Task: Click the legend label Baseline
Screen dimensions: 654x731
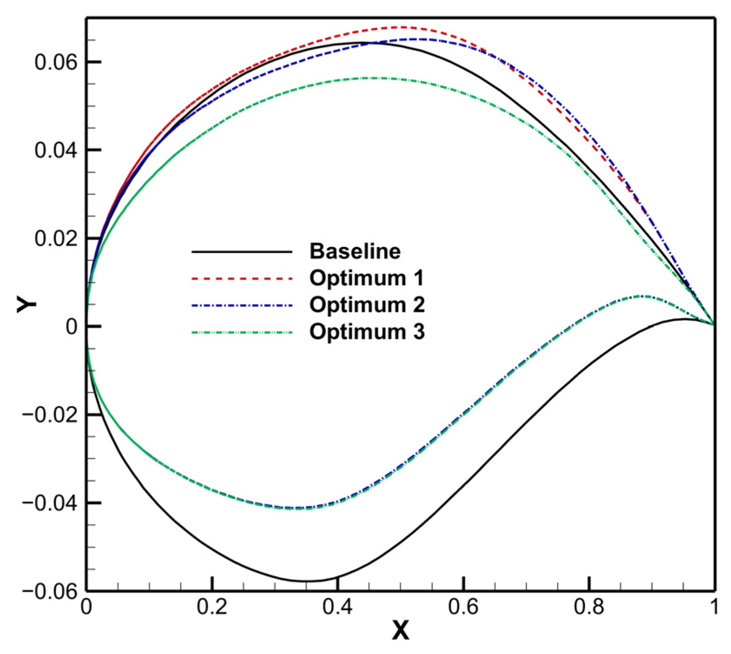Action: [x=355, y=251]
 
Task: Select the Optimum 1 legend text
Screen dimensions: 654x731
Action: [x=366, y=278]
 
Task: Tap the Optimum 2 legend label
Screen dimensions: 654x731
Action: [x=367, y=304]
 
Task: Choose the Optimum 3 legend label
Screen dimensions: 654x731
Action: [x=367, y=332]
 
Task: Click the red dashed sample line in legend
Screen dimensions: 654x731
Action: [x=242, y=278]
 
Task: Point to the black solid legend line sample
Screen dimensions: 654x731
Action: [x=242, y=252]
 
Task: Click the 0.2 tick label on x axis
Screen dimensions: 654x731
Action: [x=212, y=607]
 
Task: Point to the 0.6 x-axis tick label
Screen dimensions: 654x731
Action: [x=463, y=607]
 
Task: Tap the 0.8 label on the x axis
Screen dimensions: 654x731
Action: [x=589, y=607]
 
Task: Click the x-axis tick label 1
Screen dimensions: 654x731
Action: [x=714, y=607]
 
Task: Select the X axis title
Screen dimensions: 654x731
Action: [x=400, y=631]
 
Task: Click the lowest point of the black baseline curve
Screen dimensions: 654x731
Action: [x=308, y=581]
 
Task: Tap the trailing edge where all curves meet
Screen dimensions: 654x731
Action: [x=714, y=324]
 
